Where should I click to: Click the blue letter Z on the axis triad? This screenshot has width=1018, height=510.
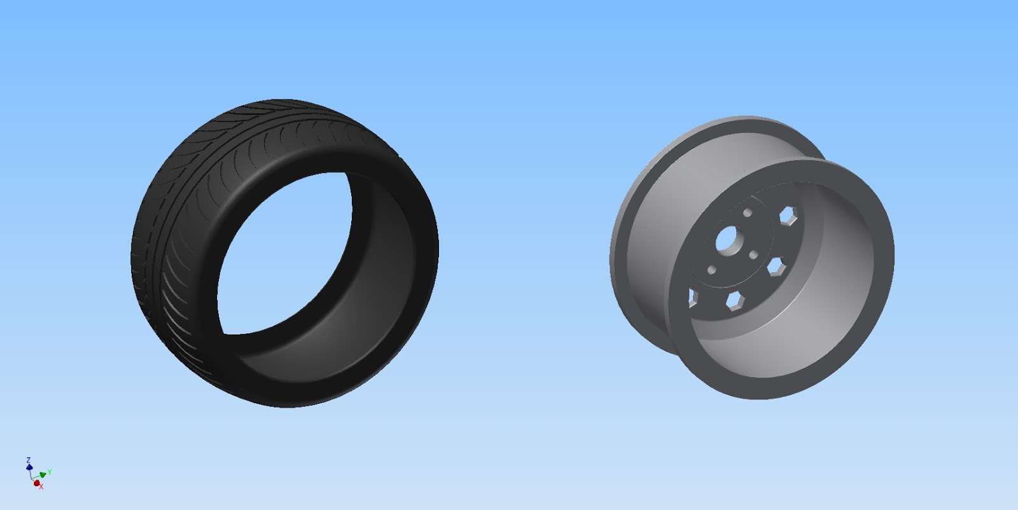click(x=28, y=460)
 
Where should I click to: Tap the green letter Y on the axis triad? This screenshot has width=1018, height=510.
click(x=50, y=472)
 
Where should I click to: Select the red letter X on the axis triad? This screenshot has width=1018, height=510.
click(x=41, y=487)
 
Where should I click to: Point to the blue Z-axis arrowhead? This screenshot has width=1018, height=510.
click(x=29, y=466)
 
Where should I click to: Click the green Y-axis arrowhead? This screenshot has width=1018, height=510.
click(x=43, y=474)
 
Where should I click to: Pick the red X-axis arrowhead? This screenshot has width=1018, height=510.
click(x=36, y=483)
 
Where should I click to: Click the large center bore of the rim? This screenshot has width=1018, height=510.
click(x=726, y=239)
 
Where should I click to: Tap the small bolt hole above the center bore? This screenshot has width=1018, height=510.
click(x=748, y=212)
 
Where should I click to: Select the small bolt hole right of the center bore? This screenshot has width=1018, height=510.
click(x=753, y=255)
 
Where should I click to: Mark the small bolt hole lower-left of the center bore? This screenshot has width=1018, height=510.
click(x=712, y=270)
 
